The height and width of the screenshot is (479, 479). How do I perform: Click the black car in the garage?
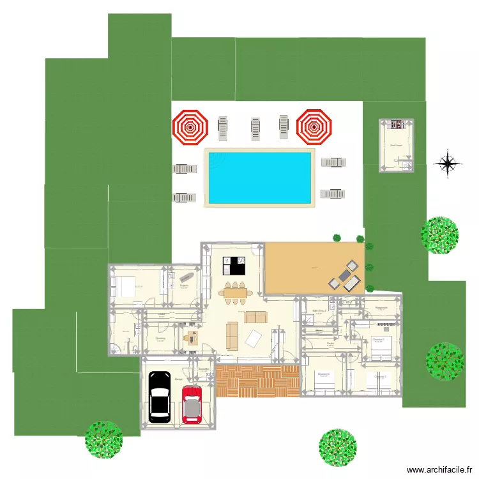point(159,396)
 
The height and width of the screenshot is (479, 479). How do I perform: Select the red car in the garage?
point(192,404)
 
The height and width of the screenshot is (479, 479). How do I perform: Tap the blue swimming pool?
point(259,177)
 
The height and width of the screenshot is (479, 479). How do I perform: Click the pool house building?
point(397,145)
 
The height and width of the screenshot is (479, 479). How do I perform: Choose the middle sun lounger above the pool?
point(255,128)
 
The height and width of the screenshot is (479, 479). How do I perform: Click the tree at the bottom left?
point(103,439)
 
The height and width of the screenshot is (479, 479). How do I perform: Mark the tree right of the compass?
point(439,234)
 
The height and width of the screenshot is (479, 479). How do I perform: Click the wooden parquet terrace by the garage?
point(257,381)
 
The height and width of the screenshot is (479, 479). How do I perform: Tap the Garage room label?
point(177,377)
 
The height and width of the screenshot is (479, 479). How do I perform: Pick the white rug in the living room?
point(254,338)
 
